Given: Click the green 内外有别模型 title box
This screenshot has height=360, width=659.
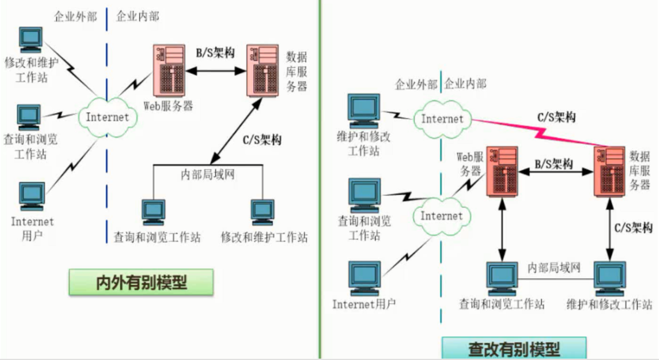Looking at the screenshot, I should coord(141,282).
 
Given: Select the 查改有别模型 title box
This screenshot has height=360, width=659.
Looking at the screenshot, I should coord(514,348).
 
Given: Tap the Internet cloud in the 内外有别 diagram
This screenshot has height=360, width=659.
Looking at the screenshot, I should coord(107,117).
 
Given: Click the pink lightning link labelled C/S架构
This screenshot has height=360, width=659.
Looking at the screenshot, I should coord(537,131).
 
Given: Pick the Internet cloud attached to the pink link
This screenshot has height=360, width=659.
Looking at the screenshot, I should coord(442,119).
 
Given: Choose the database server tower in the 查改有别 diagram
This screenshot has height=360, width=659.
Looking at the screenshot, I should coord(609,172).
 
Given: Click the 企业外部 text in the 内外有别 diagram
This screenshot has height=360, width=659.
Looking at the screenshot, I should coord(75,17).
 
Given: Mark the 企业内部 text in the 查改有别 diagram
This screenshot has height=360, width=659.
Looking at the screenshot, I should coord(466,84).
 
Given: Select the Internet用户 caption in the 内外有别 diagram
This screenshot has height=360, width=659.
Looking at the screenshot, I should coord(32,228).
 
